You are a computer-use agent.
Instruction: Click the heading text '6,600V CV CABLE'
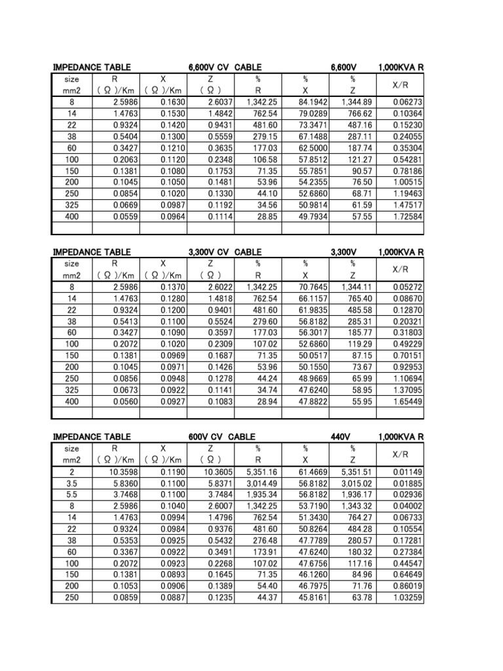click(225, 67)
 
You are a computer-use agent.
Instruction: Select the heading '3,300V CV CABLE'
click(225, 252)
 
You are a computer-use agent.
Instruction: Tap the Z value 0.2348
click(221, 159)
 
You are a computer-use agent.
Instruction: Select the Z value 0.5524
click(221, 320)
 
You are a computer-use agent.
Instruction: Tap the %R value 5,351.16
click(264, 471)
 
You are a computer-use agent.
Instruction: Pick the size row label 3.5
click(71, 482)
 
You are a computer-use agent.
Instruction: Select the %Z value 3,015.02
click(358, 482)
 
